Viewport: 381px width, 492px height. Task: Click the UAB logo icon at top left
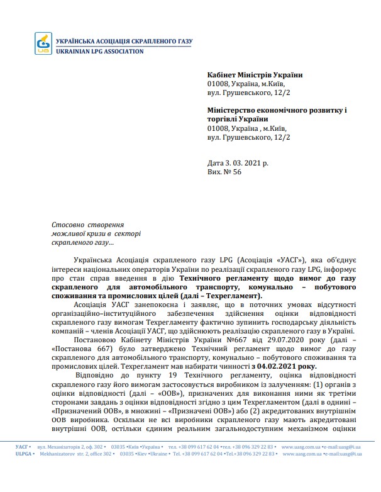(44, 44)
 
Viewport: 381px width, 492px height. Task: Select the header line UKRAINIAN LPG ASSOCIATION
(99, 51)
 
